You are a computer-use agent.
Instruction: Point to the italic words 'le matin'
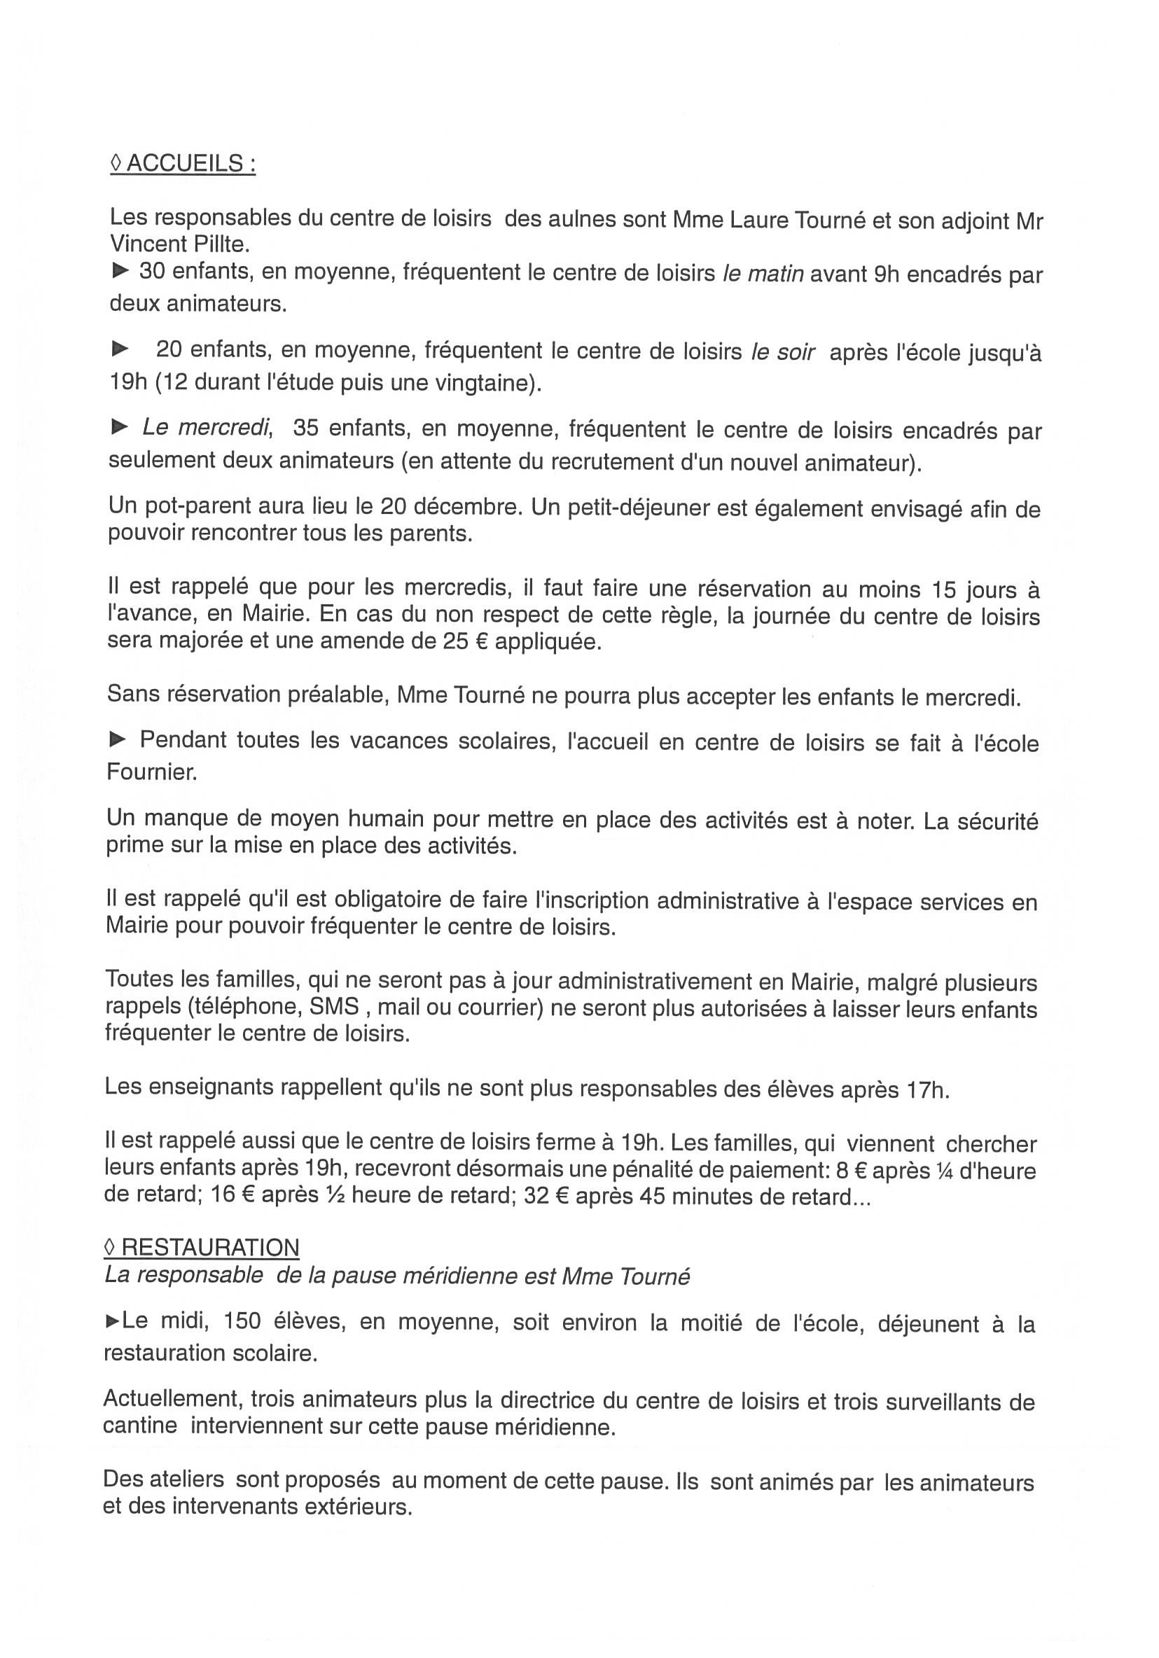(x=763, y=274)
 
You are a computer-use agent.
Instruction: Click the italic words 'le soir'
(x=783, y=352)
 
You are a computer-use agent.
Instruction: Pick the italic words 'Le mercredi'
(x=207, y=428)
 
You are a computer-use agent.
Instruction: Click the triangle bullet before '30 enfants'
(x=120, y=272)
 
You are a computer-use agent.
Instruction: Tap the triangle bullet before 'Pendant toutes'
(x=118, y=739)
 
